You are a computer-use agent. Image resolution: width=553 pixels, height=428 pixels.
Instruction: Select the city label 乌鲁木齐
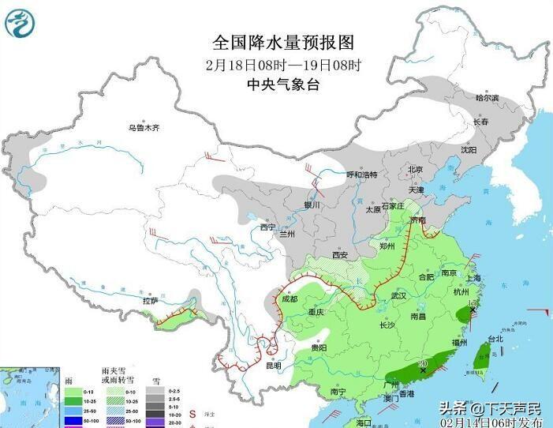(144, 127)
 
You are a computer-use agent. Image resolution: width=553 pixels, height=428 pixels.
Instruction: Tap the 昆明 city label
(273, 366)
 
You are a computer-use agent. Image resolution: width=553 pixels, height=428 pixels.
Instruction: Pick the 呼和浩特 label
(362, 175)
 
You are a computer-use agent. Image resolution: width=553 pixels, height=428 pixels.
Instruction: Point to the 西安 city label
(340, 255)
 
